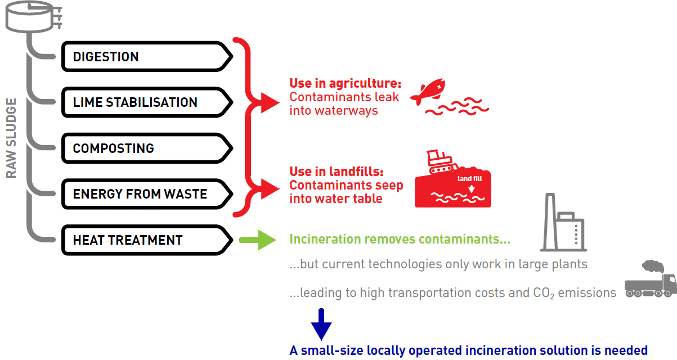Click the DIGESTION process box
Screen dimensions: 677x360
click(x=147, y=56)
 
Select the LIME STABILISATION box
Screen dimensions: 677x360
click(x=147, y=102)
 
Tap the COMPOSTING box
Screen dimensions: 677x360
click(x=147, y=148)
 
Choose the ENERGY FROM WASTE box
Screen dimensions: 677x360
click(x=147, y=194)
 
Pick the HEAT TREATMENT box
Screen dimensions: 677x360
click(x=147, y=240)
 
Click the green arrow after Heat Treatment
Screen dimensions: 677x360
click(x=258, y=240)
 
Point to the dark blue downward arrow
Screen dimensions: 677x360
click(x=321, y=325)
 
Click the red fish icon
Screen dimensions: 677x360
click(x=428, y=91)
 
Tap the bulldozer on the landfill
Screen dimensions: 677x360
click(x=442, y=161)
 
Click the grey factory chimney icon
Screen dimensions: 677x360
click(x=563, y=223)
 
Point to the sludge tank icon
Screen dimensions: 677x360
click(x=34, y=17)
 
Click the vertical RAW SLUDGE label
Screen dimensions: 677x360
click(x=11, y=138)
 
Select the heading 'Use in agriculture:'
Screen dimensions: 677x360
click(x=346, y=83)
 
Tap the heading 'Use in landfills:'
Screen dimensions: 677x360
click(x=337, y=172)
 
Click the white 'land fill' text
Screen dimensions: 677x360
click(x=470, y=179)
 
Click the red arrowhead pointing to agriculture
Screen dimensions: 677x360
click(x=270, y=103)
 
